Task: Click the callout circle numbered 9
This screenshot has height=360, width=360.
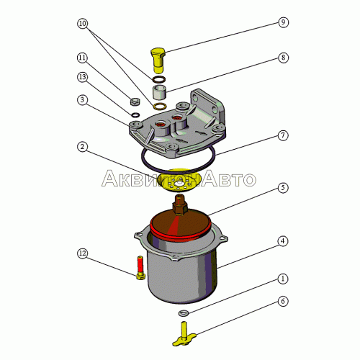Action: pyautogui.click(x=283, y=22)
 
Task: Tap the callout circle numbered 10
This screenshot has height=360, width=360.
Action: pyautogui.click(x=82, y=24)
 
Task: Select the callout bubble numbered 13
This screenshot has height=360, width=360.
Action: pyautogui.click(x=82, y=77)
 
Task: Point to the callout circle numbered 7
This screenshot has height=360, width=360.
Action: pyautogui.click(x=283, y=135)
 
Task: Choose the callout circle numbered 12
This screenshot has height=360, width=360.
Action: pyautogui.click(x=82, y=253)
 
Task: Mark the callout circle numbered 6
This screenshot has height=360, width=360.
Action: pyautogui.click(x=283, y=301)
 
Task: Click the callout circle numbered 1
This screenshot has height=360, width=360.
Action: pyautogui.click(x=283, y=279)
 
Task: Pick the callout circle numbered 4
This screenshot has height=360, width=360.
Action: pyautogui.click(x=283, y=241)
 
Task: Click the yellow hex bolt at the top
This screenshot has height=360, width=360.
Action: pyautogui.click(x=158, y=60)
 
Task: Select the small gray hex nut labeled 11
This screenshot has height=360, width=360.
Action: pyautogui.click(x=135, y=102)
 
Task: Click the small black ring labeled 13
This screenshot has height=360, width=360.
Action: pyautogui.click(x=135, y=115)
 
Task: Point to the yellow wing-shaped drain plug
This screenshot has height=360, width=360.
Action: pyautogui.click(x=184, y=334)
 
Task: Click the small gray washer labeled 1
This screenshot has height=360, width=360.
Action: pyautogui.click(x=184, y=313)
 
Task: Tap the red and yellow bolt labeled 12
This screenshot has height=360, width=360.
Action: pyautogui.click(x=140, y=268)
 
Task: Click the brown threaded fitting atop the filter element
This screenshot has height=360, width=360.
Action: pyautogui.click(x=180, y=204)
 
